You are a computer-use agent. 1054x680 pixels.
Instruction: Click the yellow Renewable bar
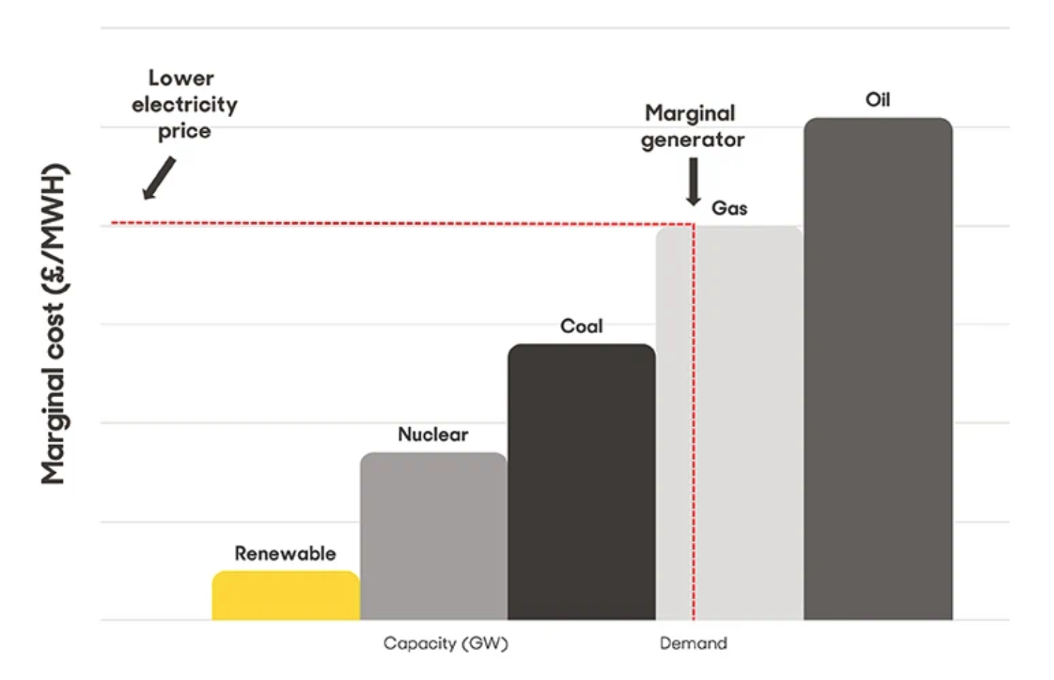click(286, 596)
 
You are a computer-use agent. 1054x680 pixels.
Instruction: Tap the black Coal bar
click(581, 482)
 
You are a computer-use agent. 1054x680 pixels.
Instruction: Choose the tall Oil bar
click(878, 369)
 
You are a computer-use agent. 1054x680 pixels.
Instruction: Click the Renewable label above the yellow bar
click(285, 554)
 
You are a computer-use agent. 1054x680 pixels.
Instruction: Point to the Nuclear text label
click(433, 434)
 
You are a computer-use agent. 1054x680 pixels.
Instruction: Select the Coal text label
click(581, 326)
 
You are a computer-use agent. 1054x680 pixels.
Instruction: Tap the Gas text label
click(729, 209)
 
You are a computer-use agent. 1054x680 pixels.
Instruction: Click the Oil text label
click(878, 100)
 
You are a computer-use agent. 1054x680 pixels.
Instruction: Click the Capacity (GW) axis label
click(446, 644)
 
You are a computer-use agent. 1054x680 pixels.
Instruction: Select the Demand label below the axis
click(693, 644)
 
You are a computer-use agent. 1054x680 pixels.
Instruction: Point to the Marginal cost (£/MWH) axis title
click(54, 324)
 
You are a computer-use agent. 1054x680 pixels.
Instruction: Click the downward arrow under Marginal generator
click(693, 181)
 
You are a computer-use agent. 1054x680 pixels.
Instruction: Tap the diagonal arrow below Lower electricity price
click(159, 178)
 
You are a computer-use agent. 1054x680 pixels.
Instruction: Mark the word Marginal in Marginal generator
click(690, 114)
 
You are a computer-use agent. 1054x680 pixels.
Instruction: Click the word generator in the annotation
click(692, 140)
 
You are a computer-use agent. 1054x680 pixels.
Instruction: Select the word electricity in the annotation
click(184, 105)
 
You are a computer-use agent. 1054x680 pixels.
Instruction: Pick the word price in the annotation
click(184, 131)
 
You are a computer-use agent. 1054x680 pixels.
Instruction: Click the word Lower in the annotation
click(181, 78)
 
